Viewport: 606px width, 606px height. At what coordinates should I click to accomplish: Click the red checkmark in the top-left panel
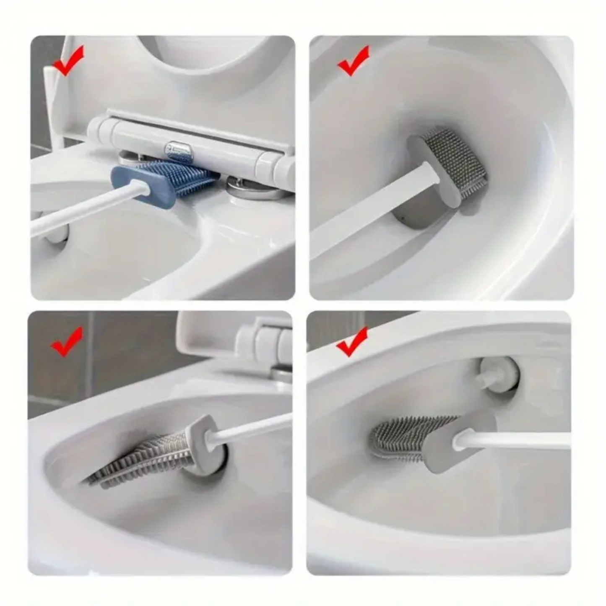tap(68, 62)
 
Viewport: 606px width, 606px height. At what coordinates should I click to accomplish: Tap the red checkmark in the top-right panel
tap(353, 62)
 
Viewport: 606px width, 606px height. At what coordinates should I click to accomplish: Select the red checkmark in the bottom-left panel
tap(66, 342)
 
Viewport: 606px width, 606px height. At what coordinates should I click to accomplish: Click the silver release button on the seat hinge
tap(179, 150)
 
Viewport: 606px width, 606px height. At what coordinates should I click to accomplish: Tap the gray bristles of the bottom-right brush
tap(403, 436)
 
